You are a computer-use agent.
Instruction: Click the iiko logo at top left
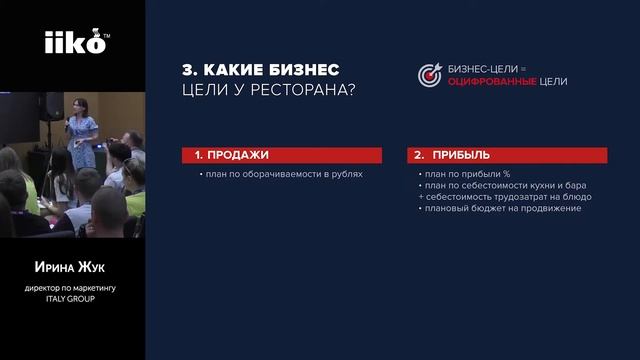(72, 43)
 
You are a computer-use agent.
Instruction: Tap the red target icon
(430, 75)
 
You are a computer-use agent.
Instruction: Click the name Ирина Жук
(72, 268)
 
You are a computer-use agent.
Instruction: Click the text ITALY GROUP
(72, 299)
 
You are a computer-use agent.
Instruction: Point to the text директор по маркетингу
(72, 289)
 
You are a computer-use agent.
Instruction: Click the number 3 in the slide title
(187, 69)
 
